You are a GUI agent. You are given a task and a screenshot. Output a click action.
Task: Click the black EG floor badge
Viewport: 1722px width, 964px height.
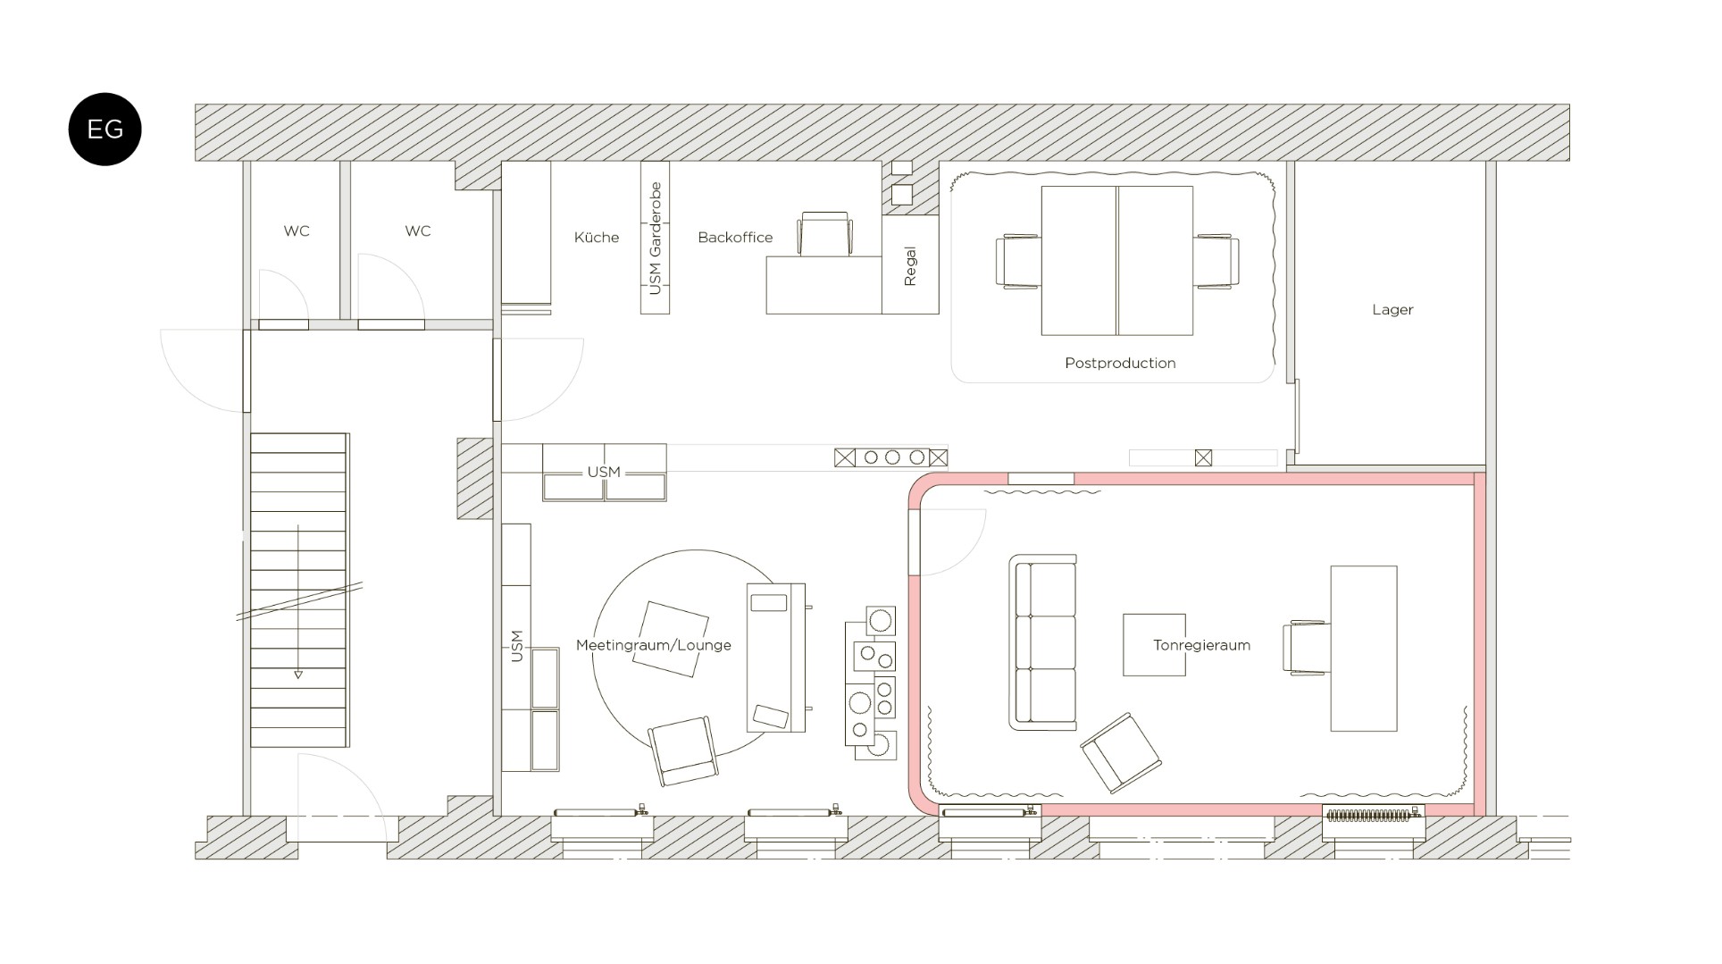[x=104, y=129]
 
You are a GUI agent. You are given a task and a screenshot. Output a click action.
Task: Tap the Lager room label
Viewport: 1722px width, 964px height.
[x=1392, y=310]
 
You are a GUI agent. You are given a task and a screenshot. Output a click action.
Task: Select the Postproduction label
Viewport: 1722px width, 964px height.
[x=1120, y=363]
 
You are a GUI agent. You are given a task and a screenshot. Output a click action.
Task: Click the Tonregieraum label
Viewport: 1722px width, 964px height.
[x=1201, y=645]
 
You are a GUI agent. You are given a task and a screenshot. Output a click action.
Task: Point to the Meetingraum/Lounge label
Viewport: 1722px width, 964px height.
[x=654, y=645]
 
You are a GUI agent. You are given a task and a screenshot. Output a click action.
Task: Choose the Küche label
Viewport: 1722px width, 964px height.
[x=597, y=237]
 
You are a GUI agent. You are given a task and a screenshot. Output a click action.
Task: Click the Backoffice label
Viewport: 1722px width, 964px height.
[x=735, y=237]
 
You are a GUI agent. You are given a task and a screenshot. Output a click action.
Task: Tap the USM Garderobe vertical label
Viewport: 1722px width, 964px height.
[x=656, y=238]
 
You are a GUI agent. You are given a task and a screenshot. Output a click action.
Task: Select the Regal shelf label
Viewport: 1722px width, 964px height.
[x=910, y=266]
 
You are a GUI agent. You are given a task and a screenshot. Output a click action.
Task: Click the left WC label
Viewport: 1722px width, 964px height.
[x=297, y=231]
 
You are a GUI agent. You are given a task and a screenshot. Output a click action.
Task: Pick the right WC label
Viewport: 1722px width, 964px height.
[x=417, y=231]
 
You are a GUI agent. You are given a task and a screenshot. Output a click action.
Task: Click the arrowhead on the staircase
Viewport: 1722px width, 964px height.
[x=298, y=675]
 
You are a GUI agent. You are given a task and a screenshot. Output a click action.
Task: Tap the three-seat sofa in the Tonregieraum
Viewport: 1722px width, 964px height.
[x=1042, y=641]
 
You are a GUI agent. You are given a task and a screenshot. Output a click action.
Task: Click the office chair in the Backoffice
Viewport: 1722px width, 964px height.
[x=825, y=234]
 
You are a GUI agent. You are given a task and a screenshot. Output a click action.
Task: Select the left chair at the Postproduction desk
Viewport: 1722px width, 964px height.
[x=1018, y=261]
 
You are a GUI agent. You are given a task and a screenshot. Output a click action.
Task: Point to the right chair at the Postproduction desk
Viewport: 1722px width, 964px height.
[x=1216, y=261]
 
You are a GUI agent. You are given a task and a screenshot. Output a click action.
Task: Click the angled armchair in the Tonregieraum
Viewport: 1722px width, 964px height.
[x=1121, y=752]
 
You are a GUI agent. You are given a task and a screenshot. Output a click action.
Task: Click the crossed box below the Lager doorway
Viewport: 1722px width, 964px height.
[x=1203, y=458]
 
